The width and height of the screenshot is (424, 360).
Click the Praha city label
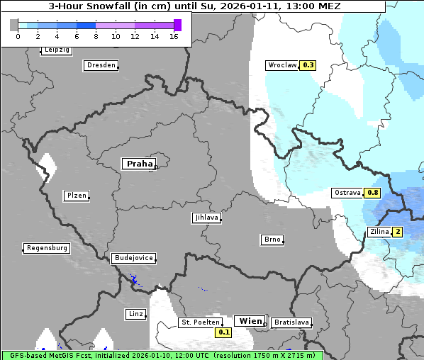pyautogui.click(x=139, y=164)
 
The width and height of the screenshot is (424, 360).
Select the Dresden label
pyautogui.click(x=101, y=65)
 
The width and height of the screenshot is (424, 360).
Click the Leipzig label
pyautogui.click(x=57, y=50)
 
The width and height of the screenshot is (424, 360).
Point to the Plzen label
pyautogui.click(x=76, y=196)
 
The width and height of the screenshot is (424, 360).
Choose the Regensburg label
pyautogui.click(x=47, y=248)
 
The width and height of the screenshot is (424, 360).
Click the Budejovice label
pyautogui.click(x=133, y=258)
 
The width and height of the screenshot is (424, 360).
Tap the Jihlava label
pyautogui.click(x=206, y=218)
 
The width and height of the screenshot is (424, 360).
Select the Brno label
pyautogui.click(x=272, y=240)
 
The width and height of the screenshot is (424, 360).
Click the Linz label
pyautogui.click(x=135, y=313)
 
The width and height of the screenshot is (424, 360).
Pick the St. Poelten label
pyautogui.click(x=200, y=322)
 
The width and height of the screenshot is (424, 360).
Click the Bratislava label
pyautogui.click(x=291, y=322)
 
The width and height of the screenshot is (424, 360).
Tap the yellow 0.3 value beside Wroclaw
pyautogui.click(x=308, y=64)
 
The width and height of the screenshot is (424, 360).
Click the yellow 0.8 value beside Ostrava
pyautogui.click(x=372, y=193)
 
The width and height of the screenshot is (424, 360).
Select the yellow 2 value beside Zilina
pyautogui.click(x=398, y=232)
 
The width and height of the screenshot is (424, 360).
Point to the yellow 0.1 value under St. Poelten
pyautogui.click(x=224, y=332)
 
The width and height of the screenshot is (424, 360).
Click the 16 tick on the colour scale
pyautogui.click(x=174, y=36)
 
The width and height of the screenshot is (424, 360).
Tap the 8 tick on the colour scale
pyautogui.click(x=96, y=36)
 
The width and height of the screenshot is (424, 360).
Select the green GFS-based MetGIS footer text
pyautogui.click(x=162, y=355)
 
